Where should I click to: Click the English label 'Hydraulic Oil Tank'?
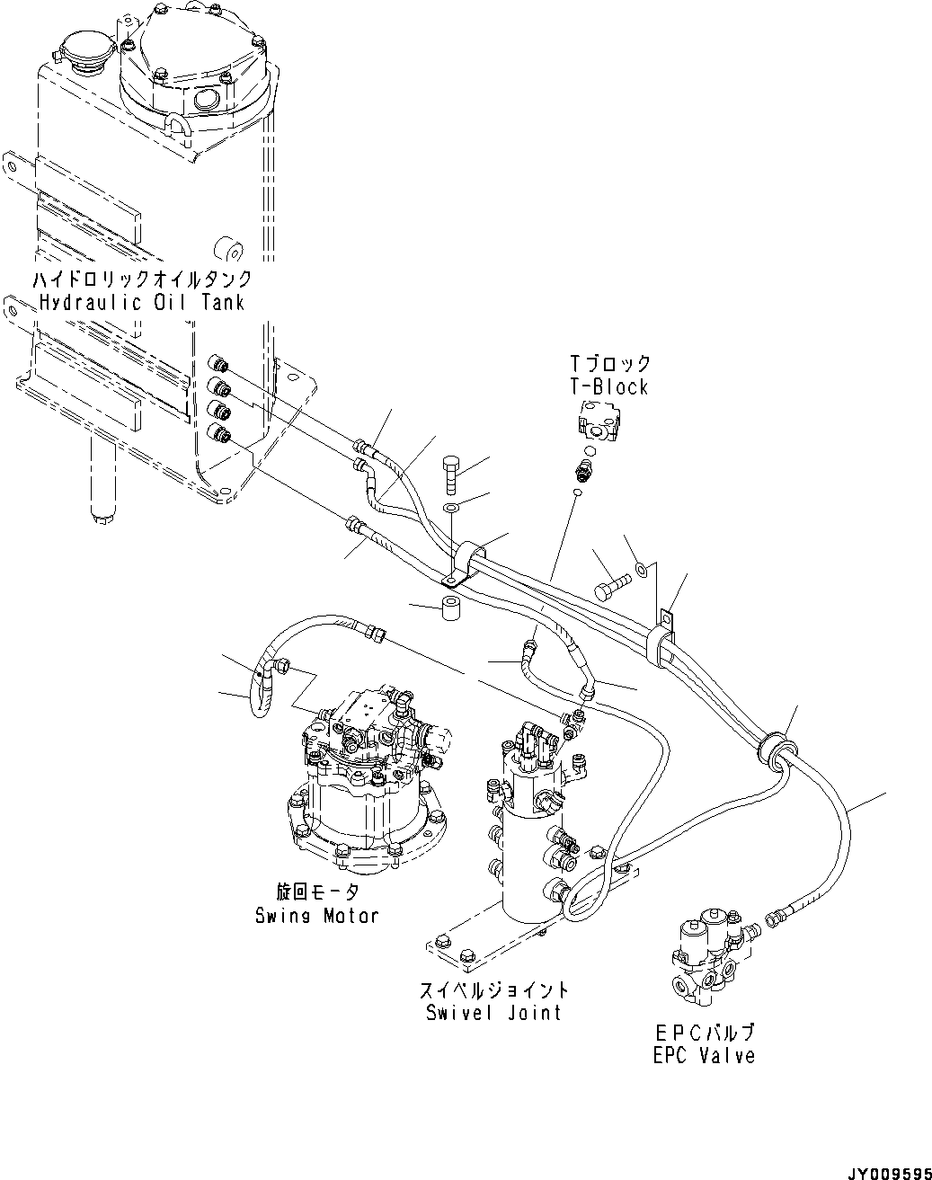click(142, 302)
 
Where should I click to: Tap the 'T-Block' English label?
click(608, 387)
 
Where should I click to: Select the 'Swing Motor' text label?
click(316, 915)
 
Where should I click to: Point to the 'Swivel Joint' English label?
click(495, 1012)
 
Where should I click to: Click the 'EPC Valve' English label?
click(704, 1055)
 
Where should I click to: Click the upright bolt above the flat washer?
click(452, 474)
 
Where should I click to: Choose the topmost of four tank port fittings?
click(218, 365)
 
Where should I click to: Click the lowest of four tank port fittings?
click(218, 436)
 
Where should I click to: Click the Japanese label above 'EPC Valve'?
click(704, 1033)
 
